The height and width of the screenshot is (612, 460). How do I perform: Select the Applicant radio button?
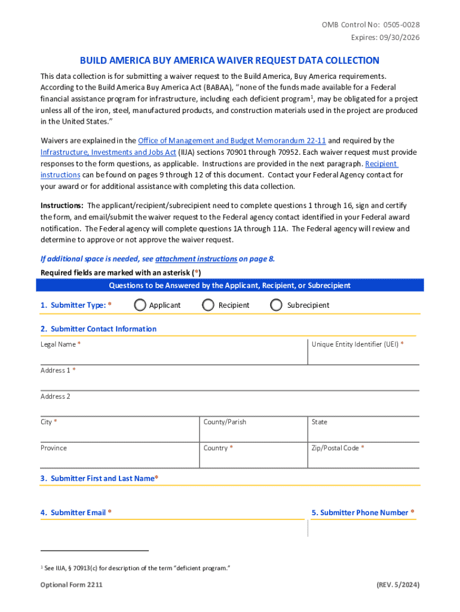140,305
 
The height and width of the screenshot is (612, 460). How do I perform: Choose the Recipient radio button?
208,305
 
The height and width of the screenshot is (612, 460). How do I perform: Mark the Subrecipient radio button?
276,305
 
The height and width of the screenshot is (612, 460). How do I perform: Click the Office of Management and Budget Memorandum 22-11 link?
232,141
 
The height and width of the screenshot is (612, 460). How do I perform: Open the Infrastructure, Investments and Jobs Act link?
108,152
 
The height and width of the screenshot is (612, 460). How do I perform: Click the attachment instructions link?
196,259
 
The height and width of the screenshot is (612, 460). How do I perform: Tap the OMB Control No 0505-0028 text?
370,25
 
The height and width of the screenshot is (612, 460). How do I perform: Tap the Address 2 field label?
55,396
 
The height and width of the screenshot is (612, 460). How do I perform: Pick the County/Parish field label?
225,422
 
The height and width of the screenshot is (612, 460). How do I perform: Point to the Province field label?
54,448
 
